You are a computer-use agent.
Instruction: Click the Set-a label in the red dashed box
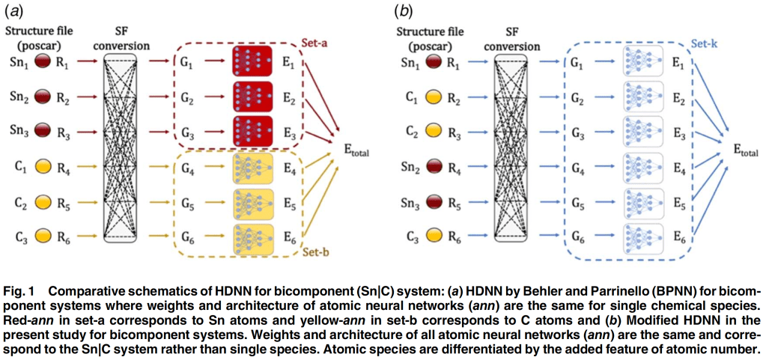coord(317,43)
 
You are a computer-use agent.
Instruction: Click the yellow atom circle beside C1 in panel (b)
coord(434,98)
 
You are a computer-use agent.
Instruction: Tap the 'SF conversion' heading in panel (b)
coord(511,38)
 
